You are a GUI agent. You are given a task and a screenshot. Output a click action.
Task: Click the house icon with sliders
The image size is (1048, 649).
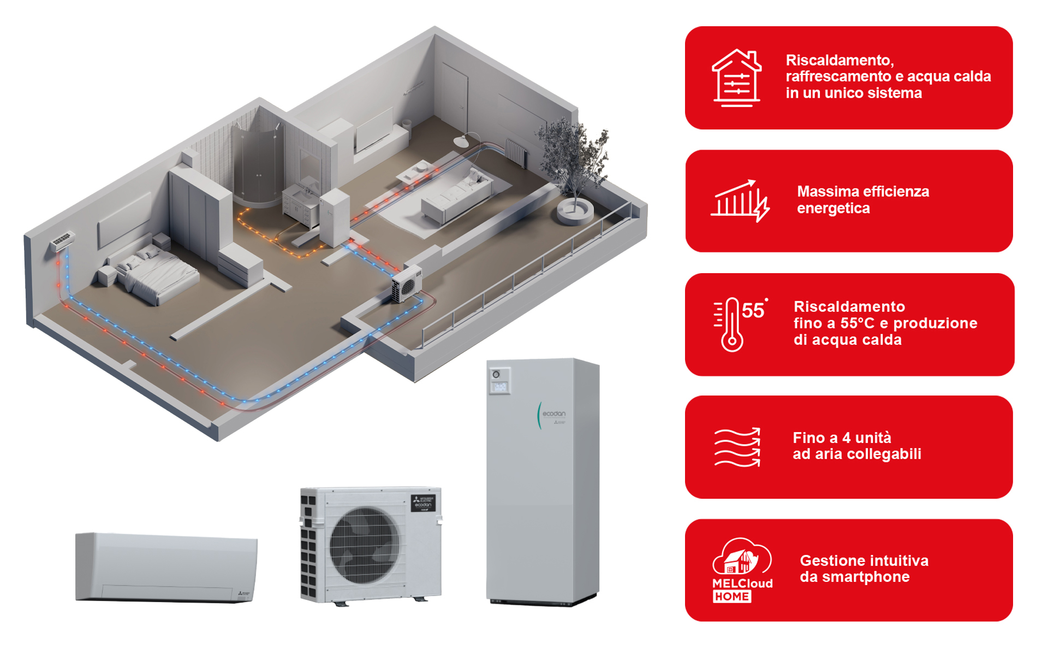(x=736, y=78)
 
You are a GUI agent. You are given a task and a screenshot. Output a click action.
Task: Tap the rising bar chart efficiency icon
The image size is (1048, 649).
(x=740, y=200)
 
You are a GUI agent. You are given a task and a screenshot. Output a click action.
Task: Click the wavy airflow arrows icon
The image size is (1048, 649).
(x=737, y=447)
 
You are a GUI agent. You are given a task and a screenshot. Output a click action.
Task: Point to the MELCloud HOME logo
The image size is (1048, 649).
(x=742, y=570)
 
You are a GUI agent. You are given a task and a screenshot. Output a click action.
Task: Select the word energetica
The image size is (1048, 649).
(x=833, y=209)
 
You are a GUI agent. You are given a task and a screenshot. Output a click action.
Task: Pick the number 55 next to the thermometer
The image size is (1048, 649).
(x=753, y=310)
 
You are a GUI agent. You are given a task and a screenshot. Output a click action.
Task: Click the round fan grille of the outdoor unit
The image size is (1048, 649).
(x=364, y=545)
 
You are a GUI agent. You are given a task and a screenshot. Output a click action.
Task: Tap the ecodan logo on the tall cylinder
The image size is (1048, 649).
(x=553, y=414)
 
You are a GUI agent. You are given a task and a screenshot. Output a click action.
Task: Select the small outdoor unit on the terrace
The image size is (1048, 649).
(x=407, y=283)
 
